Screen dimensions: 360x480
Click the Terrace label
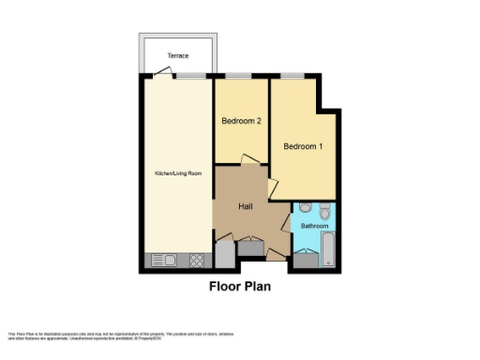pos(178,56)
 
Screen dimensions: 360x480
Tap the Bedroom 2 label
pos(241,121)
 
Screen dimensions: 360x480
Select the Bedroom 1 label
pos(303,146)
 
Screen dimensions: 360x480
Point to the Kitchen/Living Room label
pos(178,174)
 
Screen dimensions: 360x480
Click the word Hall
pos(246,206)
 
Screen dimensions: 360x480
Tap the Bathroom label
pos(315,226)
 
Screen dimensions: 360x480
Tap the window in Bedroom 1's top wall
pos(292,76)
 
